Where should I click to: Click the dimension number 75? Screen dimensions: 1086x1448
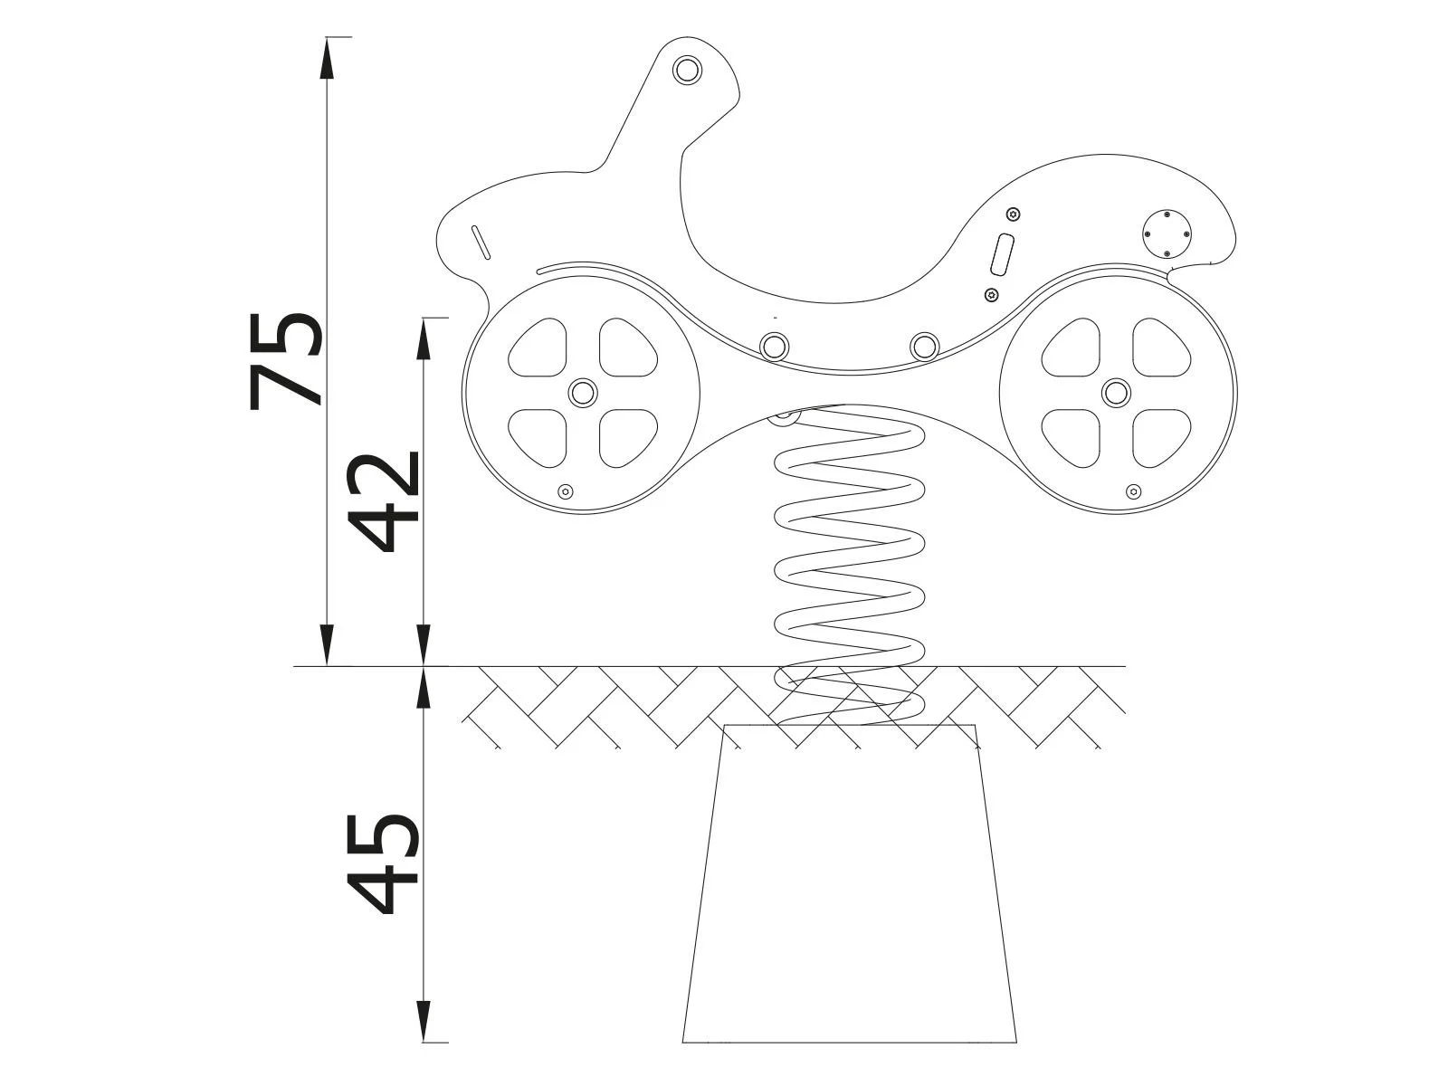(x=285, y=360)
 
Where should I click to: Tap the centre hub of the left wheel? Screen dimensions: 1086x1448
(x=582, y=393)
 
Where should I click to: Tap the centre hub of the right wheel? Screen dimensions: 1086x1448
(x=1116, y=393)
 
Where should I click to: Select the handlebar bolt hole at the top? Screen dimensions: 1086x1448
(x=687, y=69)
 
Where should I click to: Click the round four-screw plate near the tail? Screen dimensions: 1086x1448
(x=1167, y=233)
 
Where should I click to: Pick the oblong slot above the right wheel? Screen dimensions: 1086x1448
(x=1003, y=254)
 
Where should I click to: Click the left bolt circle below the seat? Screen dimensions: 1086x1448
(x=774, y=346)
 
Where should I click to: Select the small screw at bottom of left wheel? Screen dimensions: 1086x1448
(x=566, y=491)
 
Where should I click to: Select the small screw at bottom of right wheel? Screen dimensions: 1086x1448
(x=1132, y=491)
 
